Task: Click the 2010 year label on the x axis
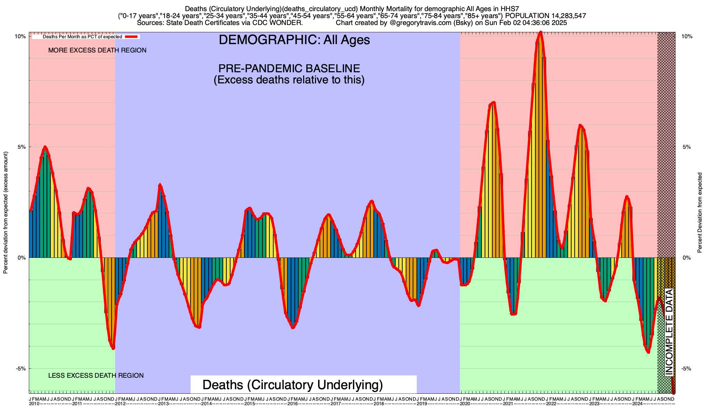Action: pyautogui.click(x=34, y=404)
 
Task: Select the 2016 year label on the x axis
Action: pyautogui.click(x=293, y=404)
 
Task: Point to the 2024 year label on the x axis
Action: pyautogui.click(x=637, y=404)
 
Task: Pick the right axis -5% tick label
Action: pyautogui.click(x=687, y=369)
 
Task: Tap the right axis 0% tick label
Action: pyautogui.click(x=687, y=258)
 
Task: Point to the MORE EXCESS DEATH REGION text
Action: pyautogui.click(x=97, y=50)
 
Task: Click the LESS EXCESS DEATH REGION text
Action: pyautogui.click(x=96, y=376)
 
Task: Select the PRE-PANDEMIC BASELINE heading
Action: pyautogui.click(x=289, y=68)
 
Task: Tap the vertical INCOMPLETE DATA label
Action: pyautogui.click(x=669, y=332)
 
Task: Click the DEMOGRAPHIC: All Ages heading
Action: pyautogui.click(x=294, y=40)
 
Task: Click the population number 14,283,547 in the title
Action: pyautogui.click(x=563, y=16)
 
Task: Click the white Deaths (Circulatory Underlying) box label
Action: pyautogui.click(x=293, y=385)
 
